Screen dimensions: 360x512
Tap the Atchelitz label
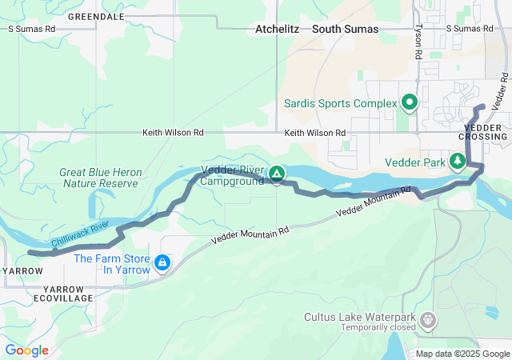(277, 29)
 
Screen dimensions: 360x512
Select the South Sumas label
(345, 29)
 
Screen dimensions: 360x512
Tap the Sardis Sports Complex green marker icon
(410, 102)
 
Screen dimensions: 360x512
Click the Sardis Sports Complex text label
(341, 103)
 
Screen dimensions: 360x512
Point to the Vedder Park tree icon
(458, 162)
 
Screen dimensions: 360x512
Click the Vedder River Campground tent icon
(276, 174)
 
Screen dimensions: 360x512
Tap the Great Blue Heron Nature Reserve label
(100, 178)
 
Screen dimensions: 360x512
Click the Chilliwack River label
(79, 234)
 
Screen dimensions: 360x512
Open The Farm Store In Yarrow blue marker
(162, 263)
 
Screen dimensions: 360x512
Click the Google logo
(26, 350)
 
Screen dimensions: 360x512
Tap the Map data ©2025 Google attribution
(462, 354)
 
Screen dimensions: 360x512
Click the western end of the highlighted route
(30, 253)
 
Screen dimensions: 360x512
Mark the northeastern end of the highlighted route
(482, 106)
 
